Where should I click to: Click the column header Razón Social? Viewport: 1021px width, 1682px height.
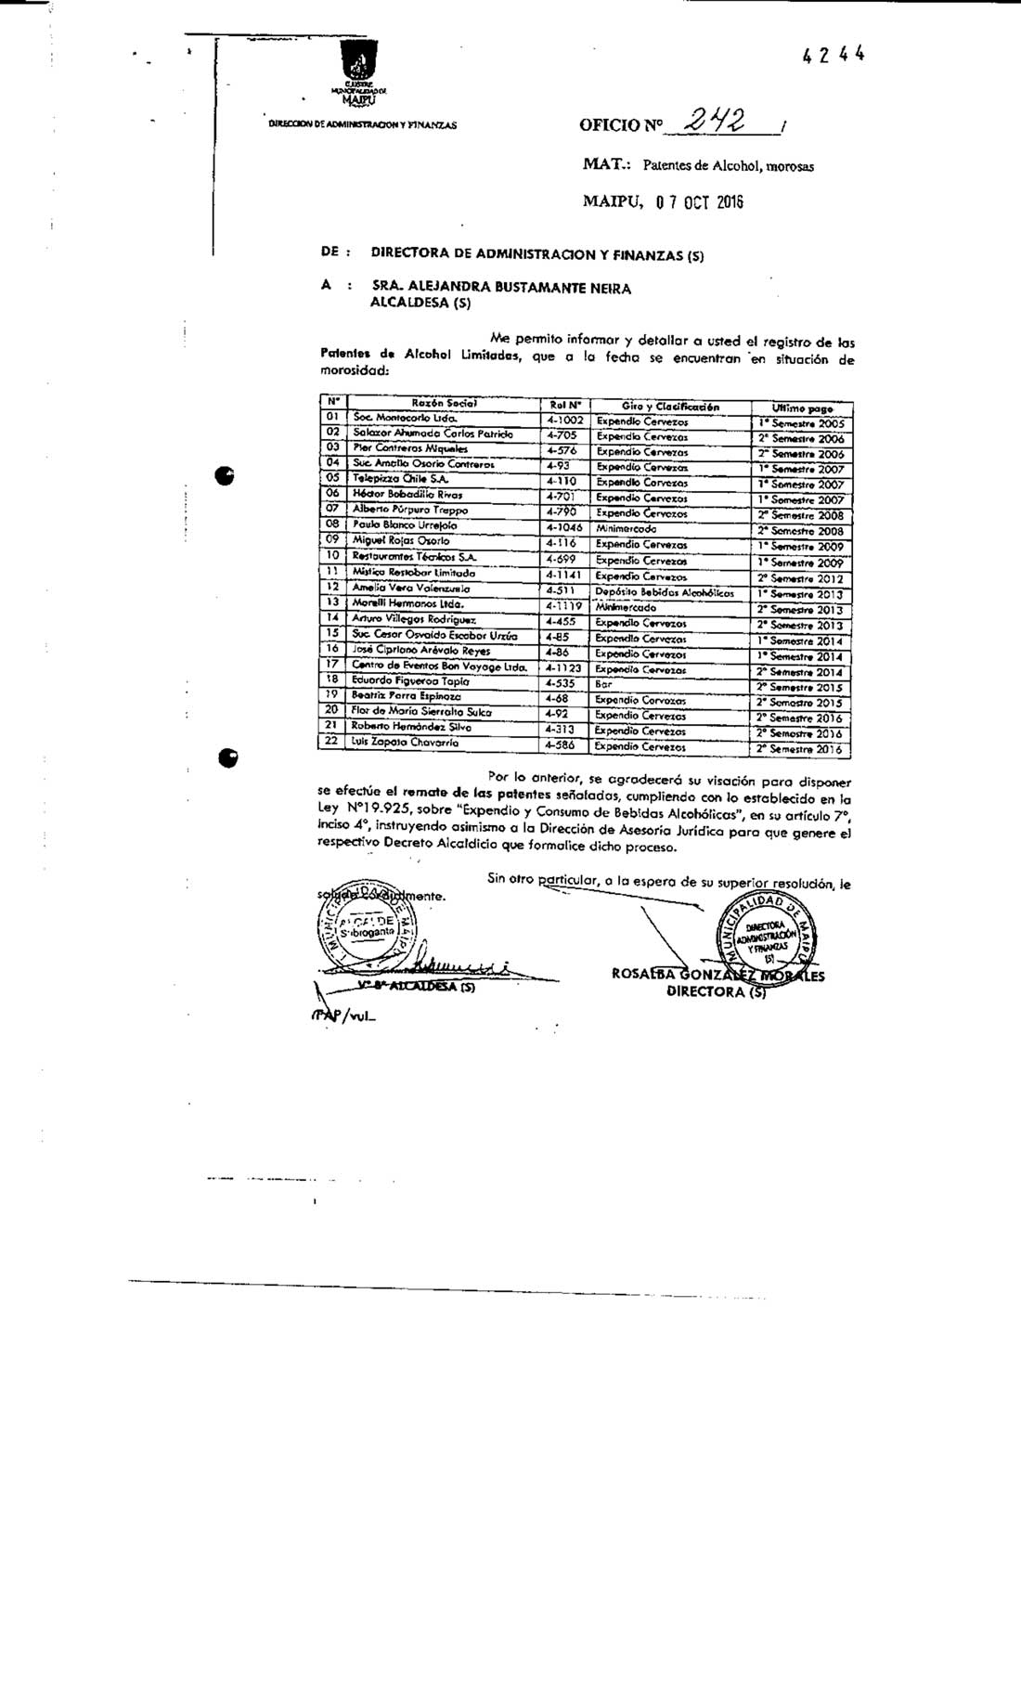[x=443, y=404]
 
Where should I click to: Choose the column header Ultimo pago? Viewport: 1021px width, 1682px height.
[x=802, y=408]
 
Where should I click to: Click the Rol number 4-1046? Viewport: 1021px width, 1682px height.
[x=564, y=527]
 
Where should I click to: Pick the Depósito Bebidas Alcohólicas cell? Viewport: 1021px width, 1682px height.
[x=665, y=592]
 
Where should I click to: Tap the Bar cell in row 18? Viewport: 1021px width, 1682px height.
[x=605, y=684]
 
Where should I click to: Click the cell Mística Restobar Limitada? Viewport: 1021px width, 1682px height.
[x=413, y=573]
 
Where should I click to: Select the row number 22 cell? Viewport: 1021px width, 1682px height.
[x=331, y=742]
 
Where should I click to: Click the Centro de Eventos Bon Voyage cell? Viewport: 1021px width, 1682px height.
[x=439, y=666]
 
